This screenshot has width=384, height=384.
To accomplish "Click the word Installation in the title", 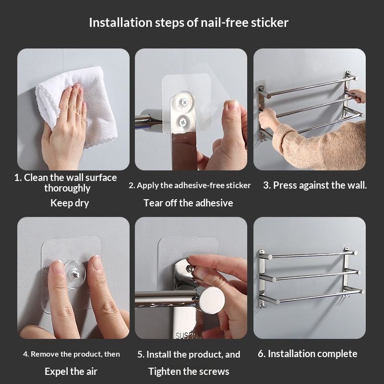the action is click(x=120, y=23).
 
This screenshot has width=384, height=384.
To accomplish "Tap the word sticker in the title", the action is click(x=269, y=23).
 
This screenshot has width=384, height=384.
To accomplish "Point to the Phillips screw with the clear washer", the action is click(x=184, y=102).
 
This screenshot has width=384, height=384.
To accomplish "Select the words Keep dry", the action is click(x=70, y=203).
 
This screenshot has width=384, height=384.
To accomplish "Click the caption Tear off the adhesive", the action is click(x=188, y=203).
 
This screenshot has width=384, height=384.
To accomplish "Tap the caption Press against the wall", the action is click(x=315, y=185).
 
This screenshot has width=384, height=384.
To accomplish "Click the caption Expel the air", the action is click(x=71, y=372).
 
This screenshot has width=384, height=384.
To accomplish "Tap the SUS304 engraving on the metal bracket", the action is click(x=187, y=336).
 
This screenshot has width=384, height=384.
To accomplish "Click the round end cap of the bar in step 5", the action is click(x=212, y=300).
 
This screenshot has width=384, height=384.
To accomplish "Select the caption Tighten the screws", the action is click(x=189, y=372).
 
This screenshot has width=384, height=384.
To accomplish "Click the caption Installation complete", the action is click(x=307, y=354).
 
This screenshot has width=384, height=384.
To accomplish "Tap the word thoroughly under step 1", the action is click(x=67, y=188).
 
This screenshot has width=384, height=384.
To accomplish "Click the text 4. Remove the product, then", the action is click(x=72, y=354).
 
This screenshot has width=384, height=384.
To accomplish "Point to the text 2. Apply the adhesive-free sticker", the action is click(x=190, y=185).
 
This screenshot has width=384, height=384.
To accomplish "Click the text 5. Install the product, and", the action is click(x=189, y=354).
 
